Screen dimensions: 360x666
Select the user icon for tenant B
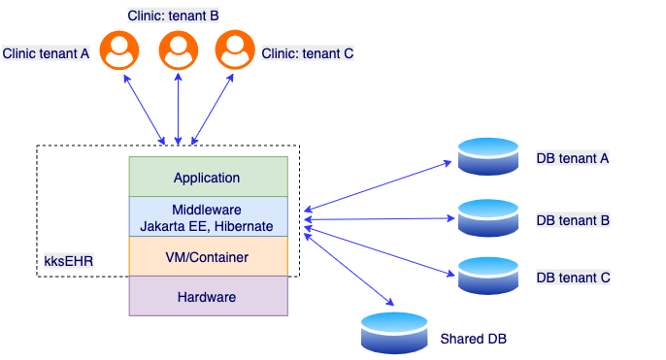(177, 49)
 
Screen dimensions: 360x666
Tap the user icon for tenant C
(234, 49)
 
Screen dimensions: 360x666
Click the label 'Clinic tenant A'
(47, 54)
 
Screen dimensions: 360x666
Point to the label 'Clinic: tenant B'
(173, 16)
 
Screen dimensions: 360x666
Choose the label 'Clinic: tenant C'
(308, 54)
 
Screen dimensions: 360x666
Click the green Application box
(208, 178)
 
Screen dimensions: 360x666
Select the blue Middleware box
(208, 217)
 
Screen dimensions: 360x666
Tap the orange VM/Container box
(208, 257)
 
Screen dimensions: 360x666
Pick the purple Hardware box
(208, 296)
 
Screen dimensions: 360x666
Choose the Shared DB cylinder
(393, 333)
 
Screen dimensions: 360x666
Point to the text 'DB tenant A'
(573, 158)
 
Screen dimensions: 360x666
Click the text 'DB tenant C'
(573, 278)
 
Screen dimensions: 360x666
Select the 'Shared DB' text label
(473, 339)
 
